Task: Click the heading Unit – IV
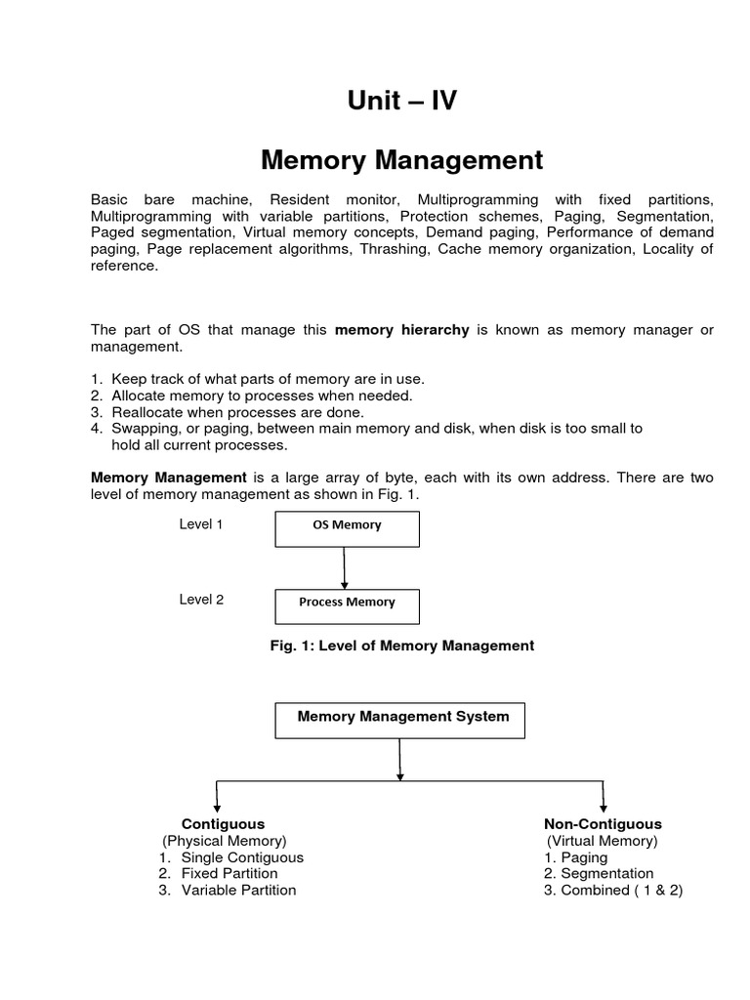401,101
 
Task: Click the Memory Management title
401,159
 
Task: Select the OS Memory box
346,528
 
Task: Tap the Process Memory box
346,605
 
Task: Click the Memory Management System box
401,721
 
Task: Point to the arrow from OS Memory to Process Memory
345,567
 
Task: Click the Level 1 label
201,524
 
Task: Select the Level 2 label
201,600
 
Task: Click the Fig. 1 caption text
401,646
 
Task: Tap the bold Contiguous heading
223,824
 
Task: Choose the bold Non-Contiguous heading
603,824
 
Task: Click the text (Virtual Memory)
603,841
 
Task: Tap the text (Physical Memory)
225,841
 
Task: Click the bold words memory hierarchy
402,330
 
